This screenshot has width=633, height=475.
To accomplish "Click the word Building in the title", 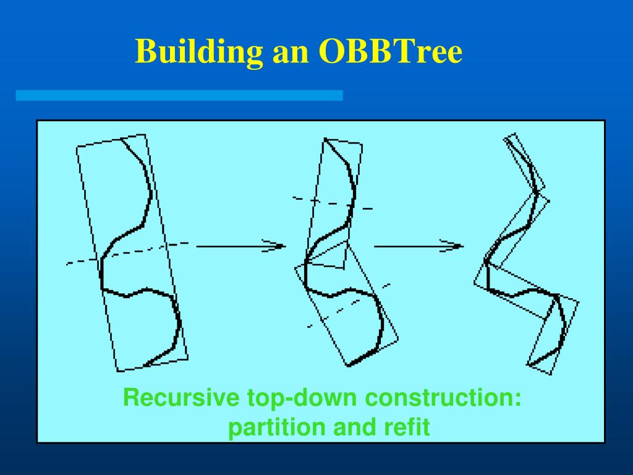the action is click(198, 52).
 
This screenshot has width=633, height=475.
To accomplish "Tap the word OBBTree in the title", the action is click(391, 51).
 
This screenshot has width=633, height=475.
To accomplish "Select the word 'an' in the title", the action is click(291, 54).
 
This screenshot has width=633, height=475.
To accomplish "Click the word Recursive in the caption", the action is click(181, 397).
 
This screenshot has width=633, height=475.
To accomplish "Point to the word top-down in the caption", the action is click(302, 398).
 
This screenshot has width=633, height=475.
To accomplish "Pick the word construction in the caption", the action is click(443, 398).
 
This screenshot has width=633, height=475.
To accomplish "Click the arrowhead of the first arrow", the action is click(279, 246).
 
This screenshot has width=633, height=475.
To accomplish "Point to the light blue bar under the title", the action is click(179, 95).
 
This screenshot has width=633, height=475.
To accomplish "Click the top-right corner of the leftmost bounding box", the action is click(145, 134).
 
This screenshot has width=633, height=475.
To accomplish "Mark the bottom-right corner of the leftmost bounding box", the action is click(188, 359).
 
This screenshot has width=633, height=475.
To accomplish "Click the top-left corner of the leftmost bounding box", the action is click(77, 146).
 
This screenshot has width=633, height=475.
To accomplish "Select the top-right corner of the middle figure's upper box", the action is click(362, 144).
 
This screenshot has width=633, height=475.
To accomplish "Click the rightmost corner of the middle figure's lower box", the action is click(399, 340).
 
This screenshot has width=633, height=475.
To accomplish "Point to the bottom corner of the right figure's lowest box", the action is click(551, 374).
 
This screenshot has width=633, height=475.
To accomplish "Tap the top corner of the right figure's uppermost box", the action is click(515, 133).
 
